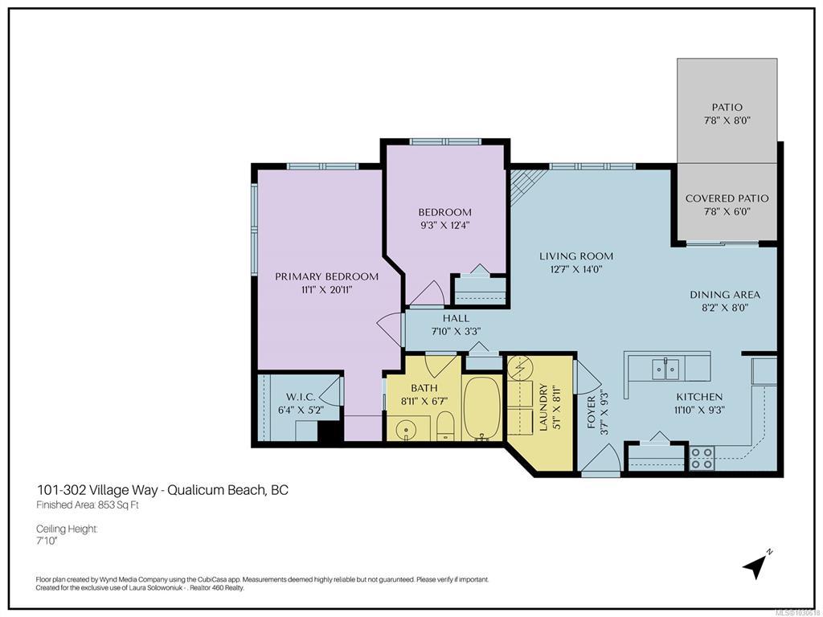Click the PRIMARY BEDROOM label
coord(326,276)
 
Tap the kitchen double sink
coord(665,369)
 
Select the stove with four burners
coord(702,457)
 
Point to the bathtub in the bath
coord(482,408)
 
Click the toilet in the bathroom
coord(445,425)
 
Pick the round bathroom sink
coord(405,431)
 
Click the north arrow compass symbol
coord(756,564)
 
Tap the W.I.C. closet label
coord(301,397)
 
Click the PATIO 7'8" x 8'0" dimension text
coord(727,121)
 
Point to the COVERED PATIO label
coord(727,198)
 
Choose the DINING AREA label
coord(725,295)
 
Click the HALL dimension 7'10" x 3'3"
coord(457,331)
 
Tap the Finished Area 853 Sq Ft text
coord(87,506)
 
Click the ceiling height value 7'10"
coord(46,541)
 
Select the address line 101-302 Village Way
coord(97,490)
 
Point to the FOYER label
coord(592,412)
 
